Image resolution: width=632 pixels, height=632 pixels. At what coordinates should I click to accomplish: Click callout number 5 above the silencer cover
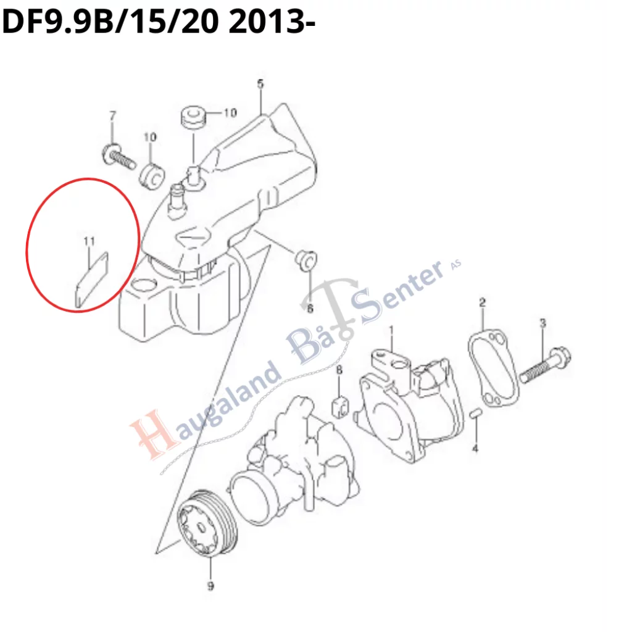pyautogui.click(x=260, y=84)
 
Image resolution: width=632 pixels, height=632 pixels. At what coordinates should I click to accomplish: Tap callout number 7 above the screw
pyautogui.click(x=113, y=115)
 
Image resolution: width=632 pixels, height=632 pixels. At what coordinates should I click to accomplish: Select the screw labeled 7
pyautogui.click(x=118, y=157)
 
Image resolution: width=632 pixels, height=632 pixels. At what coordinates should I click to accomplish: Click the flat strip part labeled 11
pyautogui.click(x=92, y=280)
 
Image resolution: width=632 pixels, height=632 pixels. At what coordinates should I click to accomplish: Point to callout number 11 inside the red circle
pyautogui.click(x=89, y=241)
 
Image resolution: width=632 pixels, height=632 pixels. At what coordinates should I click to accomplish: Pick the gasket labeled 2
pyautogui.click(x=493, y=368)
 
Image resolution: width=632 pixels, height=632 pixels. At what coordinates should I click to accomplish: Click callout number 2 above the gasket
pyautogui.click(x=483, y=302)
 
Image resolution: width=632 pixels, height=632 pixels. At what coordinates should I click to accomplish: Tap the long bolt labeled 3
pyautogui.click(x=544, y=365)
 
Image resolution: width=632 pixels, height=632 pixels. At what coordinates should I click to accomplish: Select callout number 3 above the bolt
pyautogui.click(x=543, y=323)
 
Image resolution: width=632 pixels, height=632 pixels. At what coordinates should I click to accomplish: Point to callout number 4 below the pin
pyautogui.click(x=475, y=448)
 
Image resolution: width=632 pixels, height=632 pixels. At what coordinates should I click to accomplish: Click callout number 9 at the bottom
pyautogui.click(x=210, y=586)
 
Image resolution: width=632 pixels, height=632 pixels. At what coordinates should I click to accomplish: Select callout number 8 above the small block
pyautogui.click(x=339, y=370)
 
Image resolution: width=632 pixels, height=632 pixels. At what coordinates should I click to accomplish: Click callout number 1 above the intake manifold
pyautogui.click(x=391, y=331)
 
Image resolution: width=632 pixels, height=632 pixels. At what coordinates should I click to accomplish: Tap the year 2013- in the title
pyautogui.click(x=272, y=22)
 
